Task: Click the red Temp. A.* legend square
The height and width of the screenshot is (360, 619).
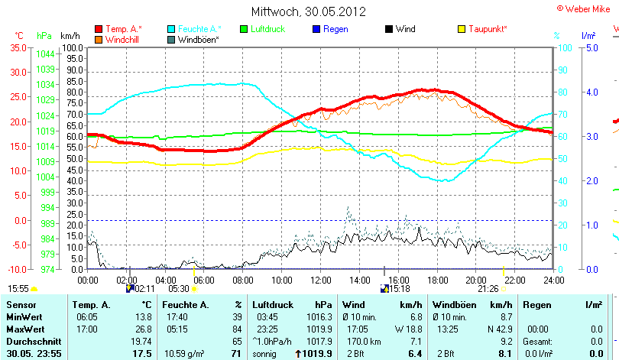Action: tap(99, 29)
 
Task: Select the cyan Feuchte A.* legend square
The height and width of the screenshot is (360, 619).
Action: tap(171, 29)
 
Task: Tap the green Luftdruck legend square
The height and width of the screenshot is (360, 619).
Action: tap(245, 29)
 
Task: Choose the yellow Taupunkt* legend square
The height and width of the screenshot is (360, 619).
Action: tap(462, 29)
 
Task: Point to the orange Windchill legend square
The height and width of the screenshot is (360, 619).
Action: tap(99, 39)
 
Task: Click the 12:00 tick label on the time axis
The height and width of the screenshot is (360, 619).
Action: tap(321, 280)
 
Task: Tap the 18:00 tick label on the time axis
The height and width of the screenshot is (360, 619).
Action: tap(437, 280)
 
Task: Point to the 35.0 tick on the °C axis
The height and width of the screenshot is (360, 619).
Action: tap(18, 47)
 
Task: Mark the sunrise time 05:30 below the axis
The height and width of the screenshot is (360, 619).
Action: tap(179, 289)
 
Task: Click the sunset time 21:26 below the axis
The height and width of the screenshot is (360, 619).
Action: tap(488, 289)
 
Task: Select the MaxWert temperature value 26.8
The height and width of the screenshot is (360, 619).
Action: tap(141, 328)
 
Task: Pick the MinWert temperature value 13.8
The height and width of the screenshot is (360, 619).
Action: tap(141, 316)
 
